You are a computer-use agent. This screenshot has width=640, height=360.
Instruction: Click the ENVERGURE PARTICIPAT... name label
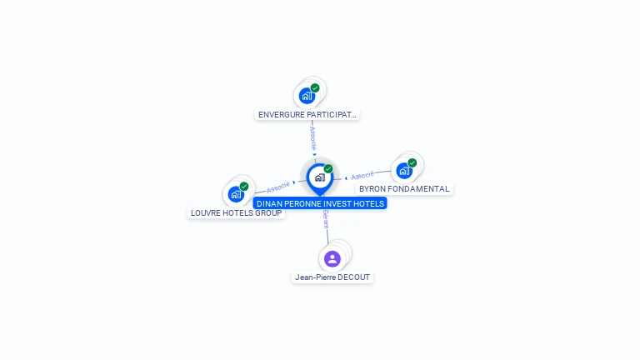[307, 115]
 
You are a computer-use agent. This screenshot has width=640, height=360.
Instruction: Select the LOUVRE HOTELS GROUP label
[237, 213]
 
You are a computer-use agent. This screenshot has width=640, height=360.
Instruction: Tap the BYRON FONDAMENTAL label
[404, 189]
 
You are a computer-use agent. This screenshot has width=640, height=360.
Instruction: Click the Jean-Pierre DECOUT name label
[332, 277]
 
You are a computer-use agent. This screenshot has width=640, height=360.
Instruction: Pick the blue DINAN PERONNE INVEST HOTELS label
[320, 203]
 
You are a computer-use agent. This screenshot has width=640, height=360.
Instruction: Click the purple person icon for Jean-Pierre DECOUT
[332, 259]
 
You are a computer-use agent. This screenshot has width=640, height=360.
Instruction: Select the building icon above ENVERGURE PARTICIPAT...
[307, 96]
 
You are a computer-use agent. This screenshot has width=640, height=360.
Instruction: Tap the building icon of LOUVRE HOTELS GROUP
[236, 194]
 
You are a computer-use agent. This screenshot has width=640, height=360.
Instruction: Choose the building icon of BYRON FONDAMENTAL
[404, 171]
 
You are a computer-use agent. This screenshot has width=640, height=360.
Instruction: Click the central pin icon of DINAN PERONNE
[320, 178]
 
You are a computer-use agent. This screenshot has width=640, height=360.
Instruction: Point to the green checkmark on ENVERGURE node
[315, 87]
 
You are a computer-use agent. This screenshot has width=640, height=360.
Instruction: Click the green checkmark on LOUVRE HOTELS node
[244, 187]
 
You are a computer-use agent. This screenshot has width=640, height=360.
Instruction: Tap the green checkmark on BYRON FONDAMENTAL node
[412, 162]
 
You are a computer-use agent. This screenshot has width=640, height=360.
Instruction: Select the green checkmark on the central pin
[328, 168]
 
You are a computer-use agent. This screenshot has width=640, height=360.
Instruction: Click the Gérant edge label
[326, 219]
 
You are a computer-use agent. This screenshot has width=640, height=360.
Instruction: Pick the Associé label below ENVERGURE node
[313, 138]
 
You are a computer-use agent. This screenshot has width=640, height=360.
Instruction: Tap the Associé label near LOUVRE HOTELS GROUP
[278, 187]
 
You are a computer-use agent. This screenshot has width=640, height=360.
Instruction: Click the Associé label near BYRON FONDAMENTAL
[362, 175]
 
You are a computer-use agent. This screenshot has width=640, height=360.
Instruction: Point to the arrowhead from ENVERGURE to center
[314, 154]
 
